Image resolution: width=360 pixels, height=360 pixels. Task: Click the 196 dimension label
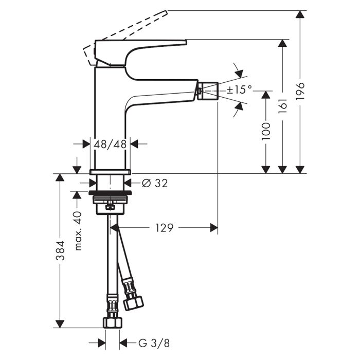300,91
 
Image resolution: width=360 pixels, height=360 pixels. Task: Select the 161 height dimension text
283,106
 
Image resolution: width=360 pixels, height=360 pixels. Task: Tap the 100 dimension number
266,131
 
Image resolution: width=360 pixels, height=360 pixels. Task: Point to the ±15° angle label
239,89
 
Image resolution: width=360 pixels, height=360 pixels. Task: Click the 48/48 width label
110,144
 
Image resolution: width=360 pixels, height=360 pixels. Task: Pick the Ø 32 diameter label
155,183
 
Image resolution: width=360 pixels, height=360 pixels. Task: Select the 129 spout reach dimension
165,228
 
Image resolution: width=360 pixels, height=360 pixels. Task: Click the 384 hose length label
60,250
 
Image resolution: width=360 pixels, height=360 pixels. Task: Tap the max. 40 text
78,231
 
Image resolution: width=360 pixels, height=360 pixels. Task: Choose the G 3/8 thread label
154,343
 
